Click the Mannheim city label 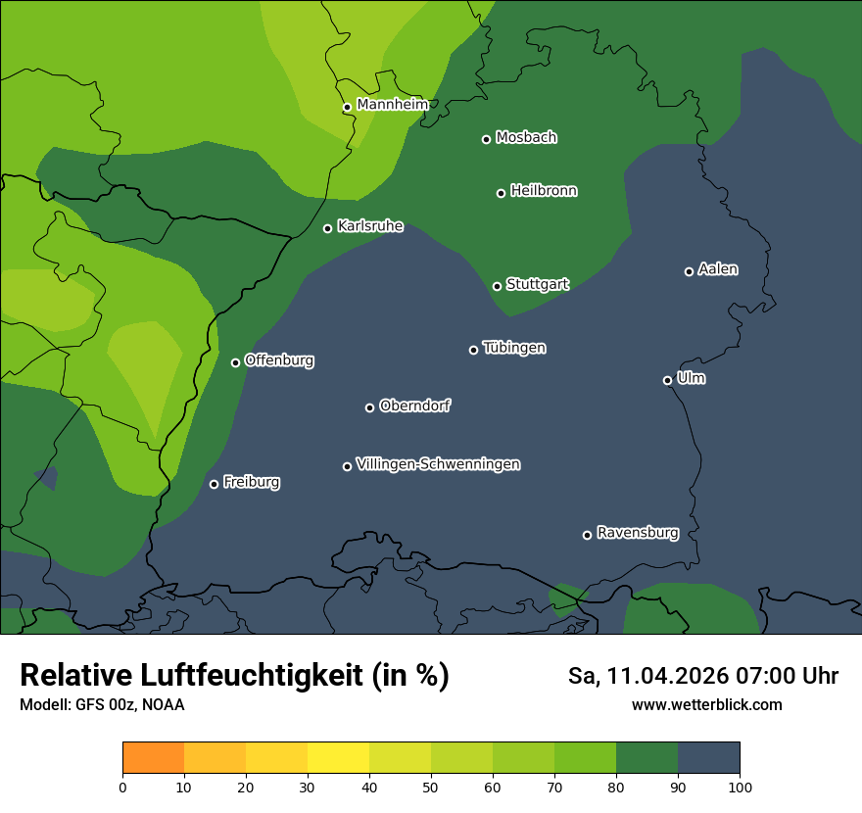392,105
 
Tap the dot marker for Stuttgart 498,286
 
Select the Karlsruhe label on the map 369,226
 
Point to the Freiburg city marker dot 215,484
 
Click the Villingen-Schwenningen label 438,464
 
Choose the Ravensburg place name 637,533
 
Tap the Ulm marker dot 668,380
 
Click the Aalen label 717,269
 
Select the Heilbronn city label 543,191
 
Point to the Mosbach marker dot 486,139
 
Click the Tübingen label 513,348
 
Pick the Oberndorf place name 414,406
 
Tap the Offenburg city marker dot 235,362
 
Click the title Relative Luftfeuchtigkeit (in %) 234,676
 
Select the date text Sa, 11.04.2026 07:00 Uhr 702,676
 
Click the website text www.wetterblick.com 706,704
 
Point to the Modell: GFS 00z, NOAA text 102,704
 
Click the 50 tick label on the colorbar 431,786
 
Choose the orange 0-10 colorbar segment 153,758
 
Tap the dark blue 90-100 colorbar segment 708,758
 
